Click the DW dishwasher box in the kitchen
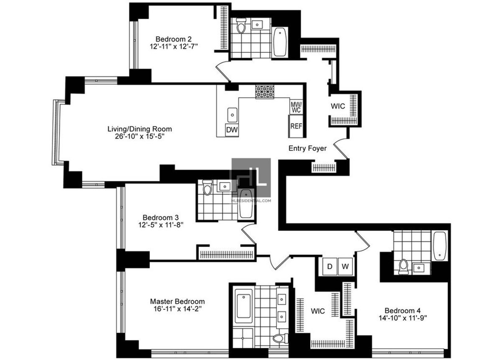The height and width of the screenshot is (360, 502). (232, 129)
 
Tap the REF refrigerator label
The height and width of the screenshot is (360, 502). (296, 126)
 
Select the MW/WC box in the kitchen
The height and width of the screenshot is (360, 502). (296, 107)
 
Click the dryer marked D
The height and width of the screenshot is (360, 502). (330, 267)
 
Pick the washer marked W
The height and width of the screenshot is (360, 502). (345, 267)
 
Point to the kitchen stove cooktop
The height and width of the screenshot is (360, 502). (265, 92)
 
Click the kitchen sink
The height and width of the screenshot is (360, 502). (233, 115)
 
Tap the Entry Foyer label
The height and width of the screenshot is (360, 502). (307, 148)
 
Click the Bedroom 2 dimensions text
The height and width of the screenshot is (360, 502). (174, 46)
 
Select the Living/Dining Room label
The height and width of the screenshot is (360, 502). (140, 129)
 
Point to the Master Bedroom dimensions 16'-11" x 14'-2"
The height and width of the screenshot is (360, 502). (177, 309)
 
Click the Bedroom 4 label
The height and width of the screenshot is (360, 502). (402, 311)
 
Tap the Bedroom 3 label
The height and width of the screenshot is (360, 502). (161, 217)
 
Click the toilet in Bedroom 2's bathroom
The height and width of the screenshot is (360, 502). (241, 26)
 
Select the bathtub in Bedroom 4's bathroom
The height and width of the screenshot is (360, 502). (440, 246)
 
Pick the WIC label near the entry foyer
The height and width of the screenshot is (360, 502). (338, 106)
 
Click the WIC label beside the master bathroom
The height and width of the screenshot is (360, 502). (318, 311)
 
